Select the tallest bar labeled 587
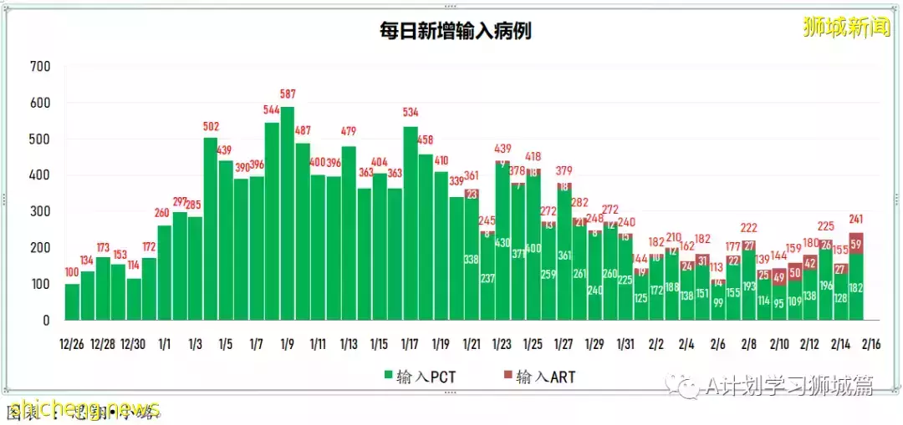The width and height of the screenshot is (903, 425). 287,214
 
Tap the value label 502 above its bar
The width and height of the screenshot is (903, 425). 211,127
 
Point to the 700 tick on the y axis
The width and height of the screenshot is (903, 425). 39,67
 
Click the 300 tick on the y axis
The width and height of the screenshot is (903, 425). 39,212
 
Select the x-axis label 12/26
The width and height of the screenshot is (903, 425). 72,343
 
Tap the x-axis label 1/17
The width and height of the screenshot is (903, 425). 410,343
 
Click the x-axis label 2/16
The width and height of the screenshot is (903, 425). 870,343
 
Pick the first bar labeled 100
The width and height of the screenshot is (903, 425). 72,301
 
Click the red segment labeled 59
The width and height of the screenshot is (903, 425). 855,244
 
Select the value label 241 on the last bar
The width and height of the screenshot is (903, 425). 855,221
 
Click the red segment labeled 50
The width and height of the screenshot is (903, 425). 794,272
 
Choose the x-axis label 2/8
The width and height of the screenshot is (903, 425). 748,343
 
